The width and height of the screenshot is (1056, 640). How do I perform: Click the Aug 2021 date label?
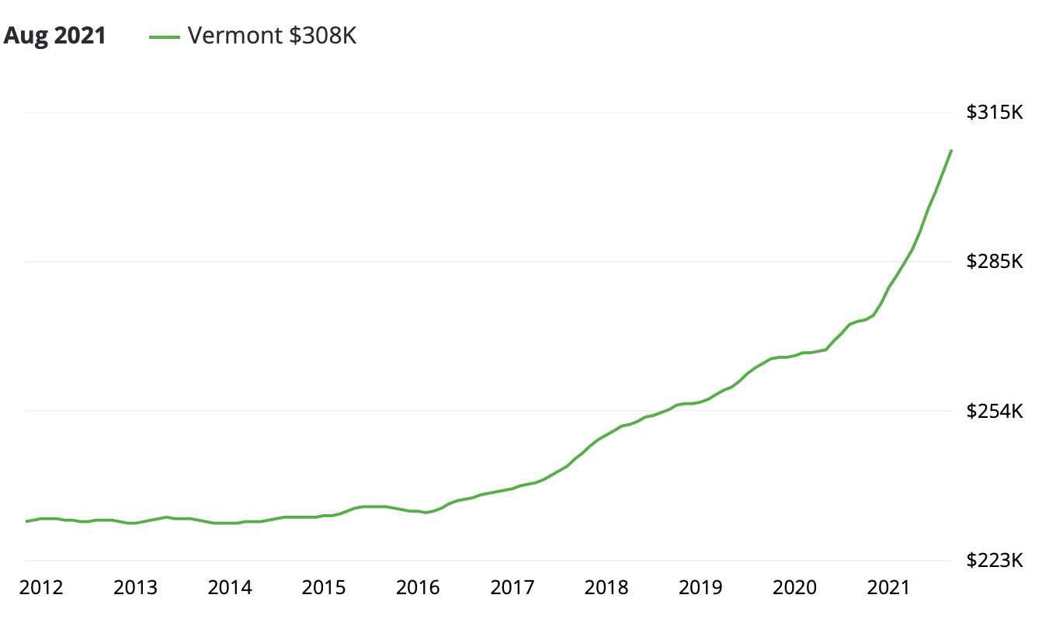[55, 36]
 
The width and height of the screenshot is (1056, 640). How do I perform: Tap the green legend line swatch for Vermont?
[164, 36]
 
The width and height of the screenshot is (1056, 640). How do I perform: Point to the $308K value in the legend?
[323, 36]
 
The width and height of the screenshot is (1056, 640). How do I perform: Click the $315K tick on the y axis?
[995, 113]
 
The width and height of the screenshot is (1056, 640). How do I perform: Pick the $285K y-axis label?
[995, 262]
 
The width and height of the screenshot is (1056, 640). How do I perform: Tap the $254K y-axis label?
[995, 411]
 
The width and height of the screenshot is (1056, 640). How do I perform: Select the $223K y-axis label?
[995, 560]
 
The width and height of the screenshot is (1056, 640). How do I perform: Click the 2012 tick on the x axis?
[41, 587]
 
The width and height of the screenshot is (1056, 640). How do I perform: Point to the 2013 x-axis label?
[135, 587]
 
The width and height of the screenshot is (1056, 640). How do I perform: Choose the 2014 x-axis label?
[230, 587]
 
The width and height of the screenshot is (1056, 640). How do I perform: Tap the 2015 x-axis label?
[324, 587]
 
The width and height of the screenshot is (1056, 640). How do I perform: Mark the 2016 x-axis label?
[418, 587]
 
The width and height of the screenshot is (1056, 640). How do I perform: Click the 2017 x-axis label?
[512, 587]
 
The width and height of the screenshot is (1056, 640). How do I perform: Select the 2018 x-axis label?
[606, 587]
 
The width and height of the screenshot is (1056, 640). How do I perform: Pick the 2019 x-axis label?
[700, 587]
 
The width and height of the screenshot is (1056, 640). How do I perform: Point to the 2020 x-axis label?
[795, 587]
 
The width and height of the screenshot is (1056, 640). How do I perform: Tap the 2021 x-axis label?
[889, 587]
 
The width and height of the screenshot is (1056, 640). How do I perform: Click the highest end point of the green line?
[951, 150]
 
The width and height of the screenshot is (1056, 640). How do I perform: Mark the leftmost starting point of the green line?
[26, 521]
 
